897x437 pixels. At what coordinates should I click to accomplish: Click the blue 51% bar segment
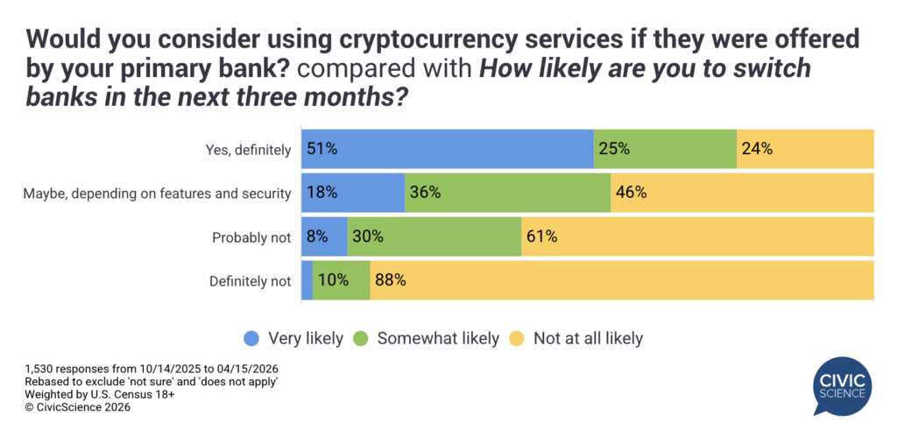point(447,149)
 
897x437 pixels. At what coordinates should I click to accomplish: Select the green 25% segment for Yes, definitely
point(665,149)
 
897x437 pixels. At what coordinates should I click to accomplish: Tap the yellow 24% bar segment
point(805,149)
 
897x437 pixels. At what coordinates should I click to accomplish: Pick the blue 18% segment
point(352,193)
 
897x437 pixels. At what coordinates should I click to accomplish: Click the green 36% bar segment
point(507,193)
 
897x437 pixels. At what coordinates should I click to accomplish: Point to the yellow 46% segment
point(742,193)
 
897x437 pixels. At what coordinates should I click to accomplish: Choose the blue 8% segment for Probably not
point(324,236)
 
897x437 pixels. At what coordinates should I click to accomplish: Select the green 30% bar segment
point(434,236)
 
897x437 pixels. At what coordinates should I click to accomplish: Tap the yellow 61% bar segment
point(697,236)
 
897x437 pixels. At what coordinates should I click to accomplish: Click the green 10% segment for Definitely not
point(342,280)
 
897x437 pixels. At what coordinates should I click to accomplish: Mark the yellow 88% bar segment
point(622,280)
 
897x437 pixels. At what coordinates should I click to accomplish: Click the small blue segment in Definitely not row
point(307,280)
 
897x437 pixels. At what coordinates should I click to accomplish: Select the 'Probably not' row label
point(251,237)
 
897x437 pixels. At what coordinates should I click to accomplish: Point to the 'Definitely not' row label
point(250,281)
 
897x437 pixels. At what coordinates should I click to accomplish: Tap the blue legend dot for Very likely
point(252,338)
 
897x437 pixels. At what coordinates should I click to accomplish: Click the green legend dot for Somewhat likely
point(362,338)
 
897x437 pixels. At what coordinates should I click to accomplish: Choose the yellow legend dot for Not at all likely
point(519,338)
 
